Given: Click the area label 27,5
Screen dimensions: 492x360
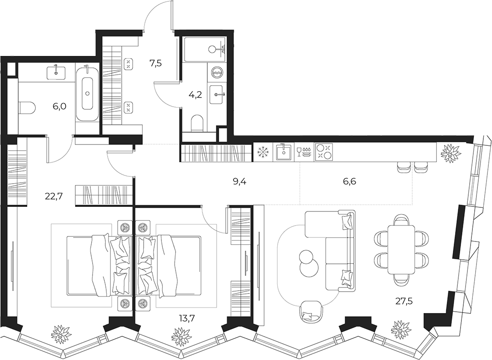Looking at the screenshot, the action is [x=404, y=302].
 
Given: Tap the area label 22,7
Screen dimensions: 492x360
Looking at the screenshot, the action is [x=54, y=196].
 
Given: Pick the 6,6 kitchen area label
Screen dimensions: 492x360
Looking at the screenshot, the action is [x=350, y=181].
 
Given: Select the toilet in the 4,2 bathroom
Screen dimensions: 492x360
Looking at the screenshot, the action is [x=197, y=123].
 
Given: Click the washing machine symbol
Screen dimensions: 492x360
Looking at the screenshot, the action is [x=217, y=72].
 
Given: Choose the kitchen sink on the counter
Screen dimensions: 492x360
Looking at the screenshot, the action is [x=284, y=152].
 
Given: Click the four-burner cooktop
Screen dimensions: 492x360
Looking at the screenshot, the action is [x=323, y=152].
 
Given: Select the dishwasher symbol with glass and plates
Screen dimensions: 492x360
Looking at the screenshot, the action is [x=303, y=152].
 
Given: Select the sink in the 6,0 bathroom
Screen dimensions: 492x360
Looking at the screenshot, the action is [x=56, y=73].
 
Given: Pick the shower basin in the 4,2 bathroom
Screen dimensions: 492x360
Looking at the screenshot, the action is [x=205, y=49].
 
